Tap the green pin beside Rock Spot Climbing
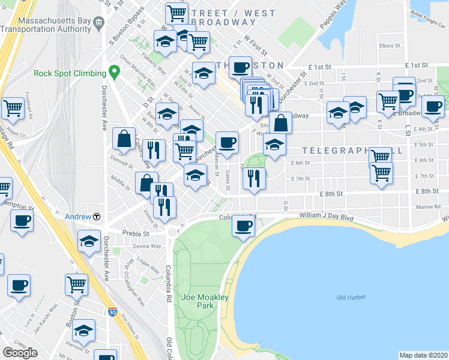114,73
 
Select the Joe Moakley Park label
197,301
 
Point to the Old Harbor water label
351,298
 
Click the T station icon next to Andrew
96,217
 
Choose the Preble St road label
136,233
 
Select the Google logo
20,352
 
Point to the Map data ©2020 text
423,355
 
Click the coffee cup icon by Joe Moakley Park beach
243,226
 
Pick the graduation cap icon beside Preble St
89,241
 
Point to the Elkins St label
389,46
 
